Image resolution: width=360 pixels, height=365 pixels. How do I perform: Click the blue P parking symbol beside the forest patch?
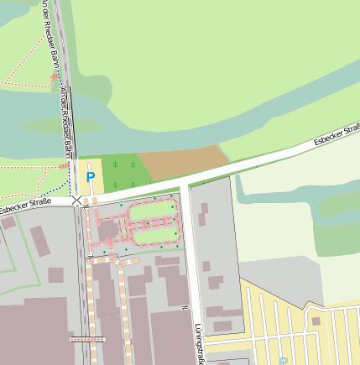coord(91,178)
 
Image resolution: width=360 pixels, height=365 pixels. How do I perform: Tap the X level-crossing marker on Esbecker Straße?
coord(77,201)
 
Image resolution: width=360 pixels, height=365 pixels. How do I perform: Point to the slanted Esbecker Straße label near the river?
coord(337,134)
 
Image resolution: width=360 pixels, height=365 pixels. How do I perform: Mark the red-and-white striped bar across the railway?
coord(88,339)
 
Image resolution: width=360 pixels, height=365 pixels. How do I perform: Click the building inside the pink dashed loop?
coord(108,229)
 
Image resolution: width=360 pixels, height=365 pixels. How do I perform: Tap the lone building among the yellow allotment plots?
coord(316,321)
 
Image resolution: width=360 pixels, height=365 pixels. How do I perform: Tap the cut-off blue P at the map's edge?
coord(283,361)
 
